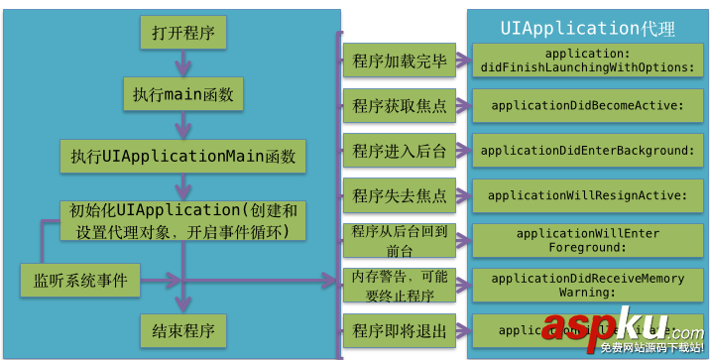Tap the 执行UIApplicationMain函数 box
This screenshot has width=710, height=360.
click(x=182, y=156)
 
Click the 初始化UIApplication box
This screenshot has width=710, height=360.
click(x=182, y=221)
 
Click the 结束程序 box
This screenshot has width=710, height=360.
click(x=182, y=329)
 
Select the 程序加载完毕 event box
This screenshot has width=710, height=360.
click(x=399, y=60)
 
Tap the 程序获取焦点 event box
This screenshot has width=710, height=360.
click(x=399, y=105)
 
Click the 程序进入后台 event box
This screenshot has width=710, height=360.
click(x=399, y=150)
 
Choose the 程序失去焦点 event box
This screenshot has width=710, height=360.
click(x=399, y=194)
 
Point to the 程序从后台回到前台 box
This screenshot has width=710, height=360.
click(x=399, y=239)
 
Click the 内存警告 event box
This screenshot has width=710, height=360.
click(x=399, y=285)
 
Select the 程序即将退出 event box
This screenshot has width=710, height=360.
click(x=399, y=330)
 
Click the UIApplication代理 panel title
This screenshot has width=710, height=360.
click(x=587, y=28)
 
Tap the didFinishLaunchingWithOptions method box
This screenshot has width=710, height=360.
click(x=586, y=60)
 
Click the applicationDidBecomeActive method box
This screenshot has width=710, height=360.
click(x=586, y=105)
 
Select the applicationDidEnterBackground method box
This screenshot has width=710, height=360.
click(x=586, y=150)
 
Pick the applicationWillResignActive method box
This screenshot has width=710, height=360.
click(x=586, y=195)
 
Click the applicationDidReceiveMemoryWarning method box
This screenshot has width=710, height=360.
click(x=586, y=286)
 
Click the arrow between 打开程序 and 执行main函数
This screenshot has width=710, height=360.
click(x=182, y=63)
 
